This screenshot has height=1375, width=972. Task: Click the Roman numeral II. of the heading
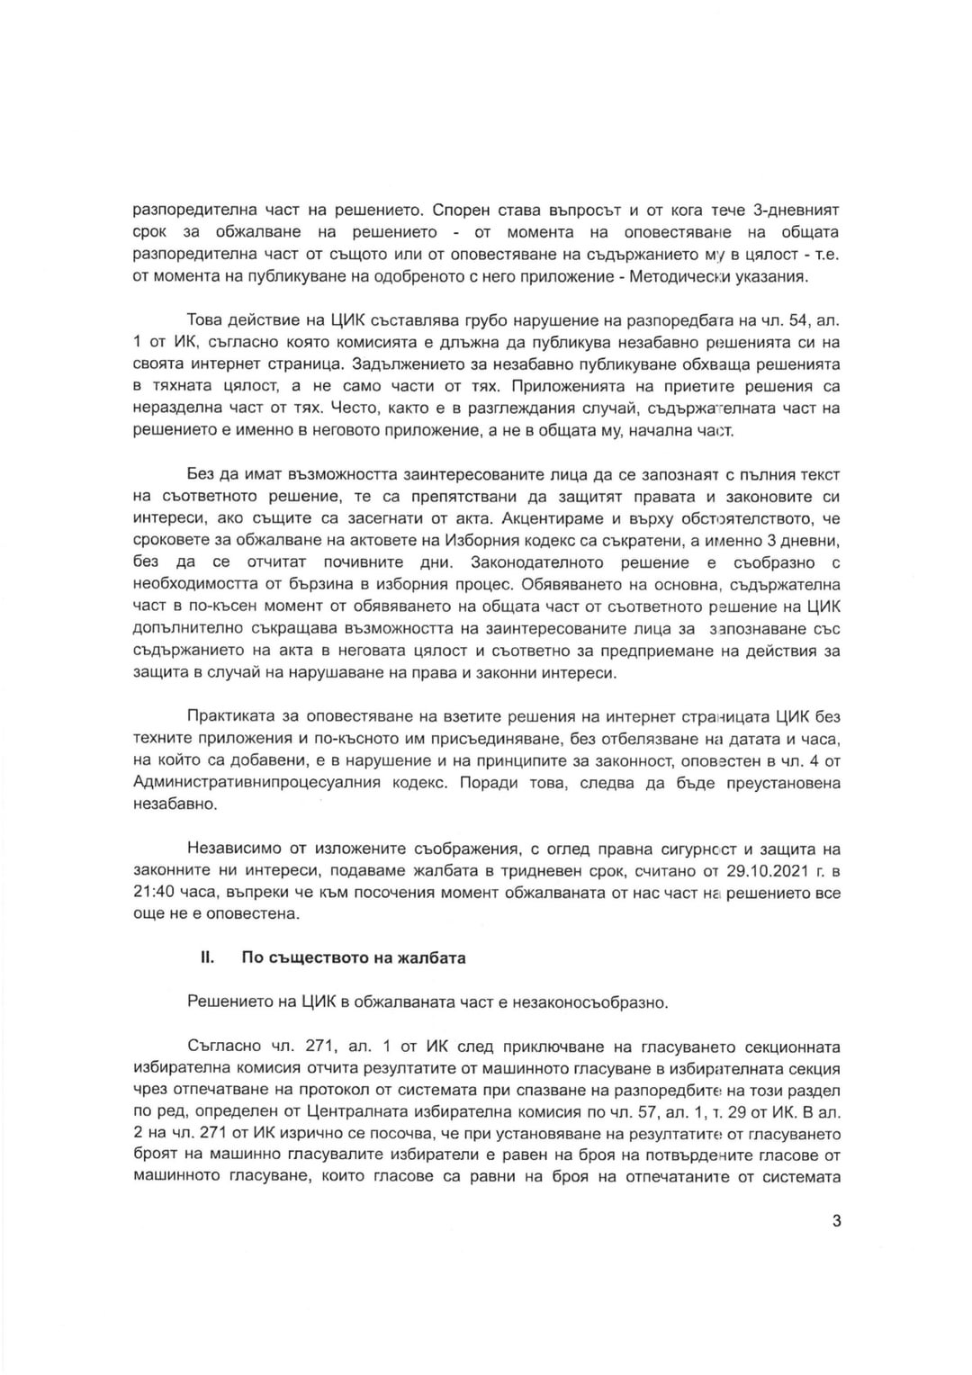[207, 957]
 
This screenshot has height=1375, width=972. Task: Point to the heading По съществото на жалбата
[354, 957]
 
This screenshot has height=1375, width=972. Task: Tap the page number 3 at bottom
[836, 1222]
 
